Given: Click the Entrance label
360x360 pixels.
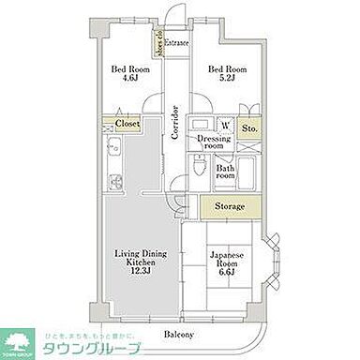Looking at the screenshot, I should point(177,43).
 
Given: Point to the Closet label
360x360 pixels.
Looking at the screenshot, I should point(127,122).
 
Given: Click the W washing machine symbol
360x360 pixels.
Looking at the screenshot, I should point(226,124).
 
